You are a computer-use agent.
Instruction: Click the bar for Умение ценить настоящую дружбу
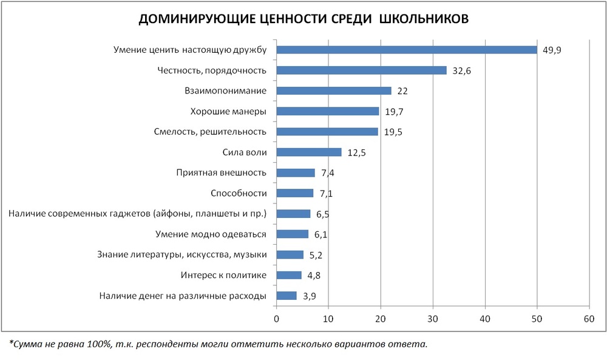(407, 50)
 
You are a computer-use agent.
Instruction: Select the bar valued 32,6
(361, 70)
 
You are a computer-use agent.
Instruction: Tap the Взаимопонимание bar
(334, 90)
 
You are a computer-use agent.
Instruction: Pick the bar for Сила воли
(309, 152)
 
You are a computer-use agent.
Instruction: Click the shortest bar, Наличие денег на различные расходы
(287, 296)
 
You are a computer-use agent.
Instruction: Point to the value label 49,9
(551, 50)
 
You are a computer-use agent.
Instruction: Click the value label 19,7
(393, 112)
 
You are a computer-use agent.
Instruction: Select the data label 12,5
(356, 152)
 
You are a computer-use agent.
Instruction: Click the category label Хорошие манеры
(228, 111)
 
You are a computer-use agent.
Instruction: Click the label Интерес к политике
(223, 275)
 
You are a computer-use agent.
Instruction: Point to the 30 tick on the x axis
(433, 319)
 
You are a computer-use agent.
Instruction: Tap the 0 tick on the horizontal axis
(277, 319)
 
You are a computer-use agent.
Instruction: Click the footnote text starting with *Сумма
(219, 344)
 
